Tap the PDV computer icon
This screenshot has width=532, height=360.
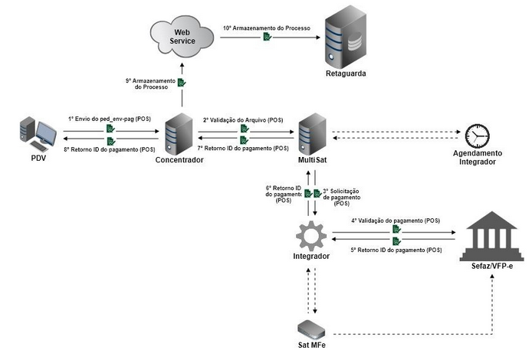(x=38, y=133)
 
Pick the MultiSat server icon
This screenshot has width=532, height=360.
(x=313, y=133)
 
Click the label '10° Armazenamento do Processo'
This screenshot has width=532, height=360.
(x=266, y=28)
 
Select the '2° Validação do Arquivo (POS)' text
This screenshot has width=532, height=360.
(x=243, y=119)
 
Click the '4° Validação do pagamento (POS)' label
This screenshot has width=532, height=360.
(x=396, y=220)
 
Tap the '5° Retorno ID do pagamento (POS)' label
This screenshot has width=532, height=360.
(x=396, y=250)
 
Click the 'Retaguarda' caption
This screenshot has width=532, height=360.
(x=343, y=75)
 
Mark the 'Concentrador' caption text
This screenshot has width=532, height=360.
(x=179, y=160)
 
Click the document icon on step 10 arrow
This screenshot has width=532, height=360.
(x=267, y=37)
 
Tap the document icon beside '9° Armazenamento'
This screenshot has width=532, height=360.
(x=182, y=83)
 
